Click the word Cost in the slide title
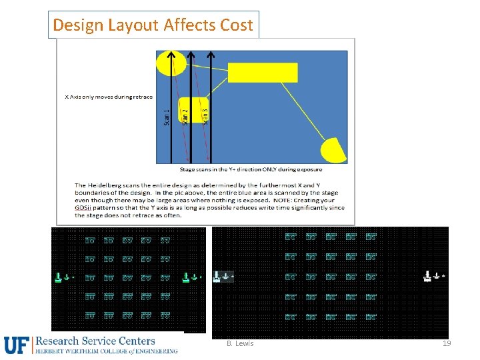click(237, 25)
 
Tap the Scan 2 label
click(185, 111)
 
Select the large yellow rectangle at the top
click(263, 72)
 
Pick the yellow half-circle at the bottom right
click(335, 151)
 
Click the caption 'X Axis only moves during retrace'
click(108, 97)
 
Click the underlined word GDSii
click(83, 208)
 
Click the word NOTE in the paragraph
click(279, 200)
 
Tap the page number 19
click(447, 343)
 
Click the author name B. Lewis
click(240, 343)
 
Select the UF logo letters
click(17, 345)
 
